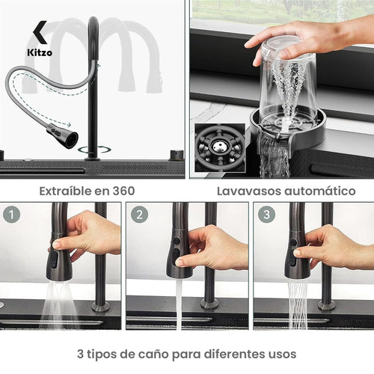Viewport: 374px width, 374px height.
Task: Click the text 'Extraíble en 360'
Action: [88, 191]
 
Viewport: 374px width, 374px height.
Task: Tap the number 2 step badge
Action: [139, 214]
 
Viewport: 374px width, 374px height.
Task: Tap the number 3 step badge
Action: [266, 214]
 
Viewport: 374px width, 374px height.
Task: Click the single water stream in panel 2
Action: [179, 303]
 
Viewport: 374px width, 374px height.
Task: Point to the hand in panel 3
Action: [329, 247]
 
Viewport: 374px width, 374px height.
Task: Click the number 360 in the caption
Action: [122, 191]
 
